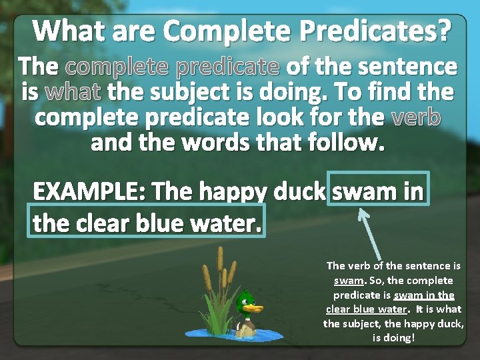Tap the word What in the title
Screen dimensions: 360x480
coord(66,31)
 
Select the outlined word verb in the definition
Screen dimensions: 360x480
coord(416,117)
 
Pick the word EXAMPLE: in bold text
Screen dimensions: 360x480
coord(89,191)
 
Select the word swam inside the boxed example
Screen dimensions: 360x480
coord(364,191)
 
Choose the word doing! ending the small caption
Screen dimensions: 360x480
coord(393,338)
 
